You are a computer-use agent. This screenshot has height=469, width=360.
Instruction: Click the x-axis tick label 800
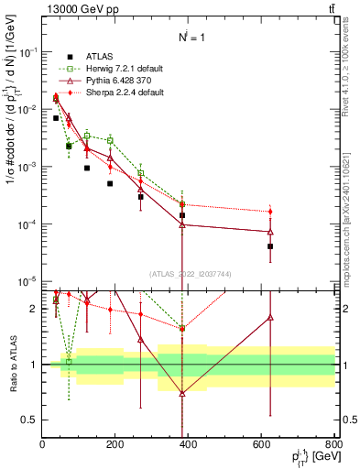[333, 446]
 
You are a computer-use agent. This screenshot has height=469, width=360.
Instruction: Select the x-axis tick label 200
[115, 446]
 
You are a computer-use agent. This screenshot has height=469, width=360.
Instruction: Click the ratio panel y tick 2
[35, 309]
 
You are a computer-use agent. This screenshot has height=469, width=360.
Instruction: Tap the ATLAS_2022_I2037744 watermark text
[188, 273]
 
